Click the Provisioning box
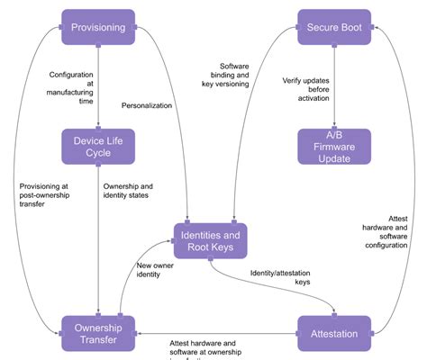pos(98,28)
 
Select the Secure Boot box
pos(335,28)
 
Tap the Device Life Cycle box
pos(98,146)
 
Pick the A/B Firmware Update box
pos(335,146)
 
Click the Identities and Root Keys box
pos(210,240)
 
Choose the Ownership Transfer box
pos(98,333)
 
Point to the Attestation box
pos(335,333)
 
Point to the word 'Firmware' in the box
pos(335,146)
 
